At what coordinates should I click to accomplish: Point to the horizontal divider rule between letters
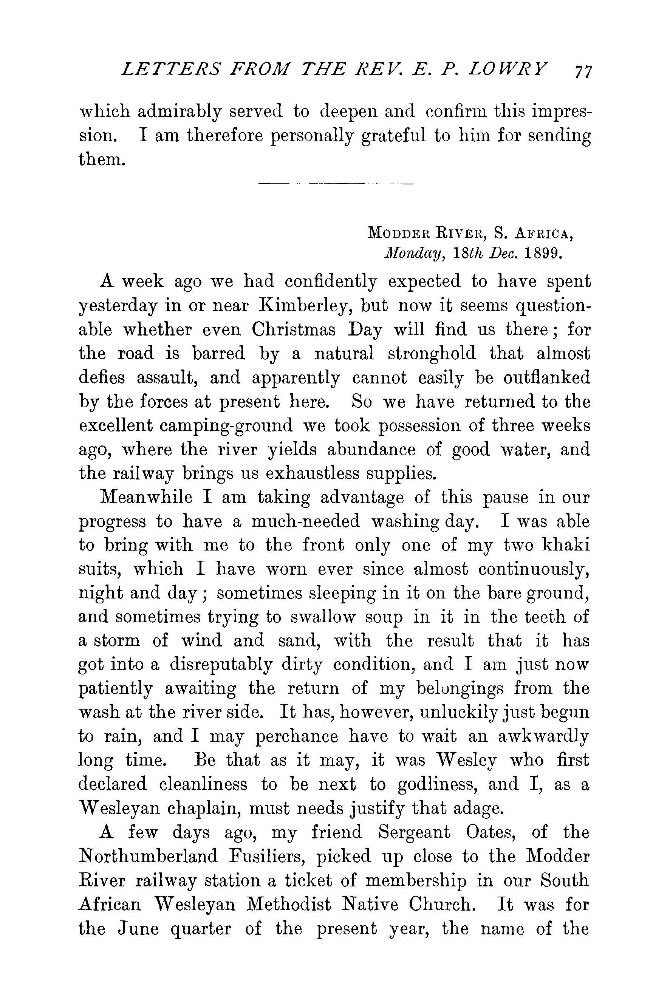click(336, 184)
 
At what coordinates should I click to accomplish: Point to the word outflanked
click(547, 377)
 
